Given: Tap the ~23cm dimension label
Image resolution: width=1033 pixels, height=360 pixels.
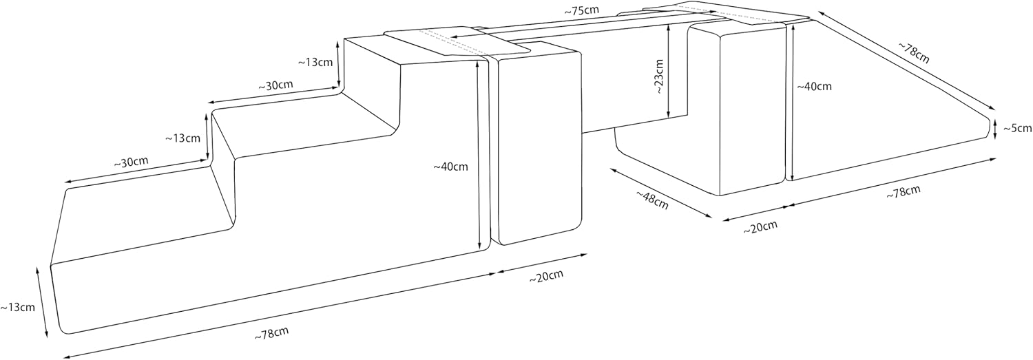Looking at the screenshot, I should (658, 76).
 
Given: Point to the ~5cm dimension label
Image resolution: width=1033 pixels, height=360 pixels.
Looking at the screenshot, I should (1017, 128).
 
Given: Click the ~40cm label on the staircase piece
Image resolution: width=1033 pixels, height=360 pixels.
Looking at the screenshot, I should (450, 166).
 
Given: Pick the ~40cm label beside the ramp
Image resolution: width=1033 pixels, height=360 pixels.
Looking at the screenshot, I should (814, 87).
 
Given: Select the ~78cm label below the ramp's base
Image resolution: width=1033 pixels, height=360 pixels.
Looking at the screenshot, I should (903, 193).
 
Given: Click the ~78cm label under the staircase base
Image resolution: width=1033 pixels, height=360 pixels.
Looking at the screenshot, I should (271, 333).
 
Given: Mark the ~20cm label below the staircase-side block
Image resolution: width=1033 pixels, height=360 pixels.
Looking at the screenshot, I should (546, 276).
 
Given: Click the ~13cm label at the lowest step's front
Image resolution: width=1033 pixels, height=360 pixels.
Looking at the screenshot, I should (17, 307).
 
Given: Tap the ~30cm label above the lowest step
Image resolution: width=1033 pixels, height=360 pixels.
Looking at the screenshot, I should (131, 162).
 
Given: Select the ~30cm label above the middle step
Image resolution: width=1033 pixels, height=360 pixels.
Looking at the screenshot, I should (275, 86).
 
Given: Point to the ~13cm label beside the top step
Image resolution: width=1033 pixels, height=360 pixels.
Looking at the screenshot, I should (315, 61).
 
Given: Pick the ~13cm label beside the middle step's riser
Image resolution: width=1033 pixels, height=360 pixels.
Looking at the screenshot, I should (182, 138).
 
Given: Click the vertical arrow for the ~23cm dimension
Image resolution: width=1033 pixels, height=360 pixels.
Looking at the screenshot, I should (669, 72).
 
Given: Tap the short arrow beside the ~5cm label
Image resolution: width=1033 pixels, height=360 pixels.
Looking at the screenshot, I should (996, 128).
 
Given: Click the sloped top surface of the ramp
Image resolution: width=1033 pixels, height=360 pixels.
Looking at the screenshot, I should (895, 96).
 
